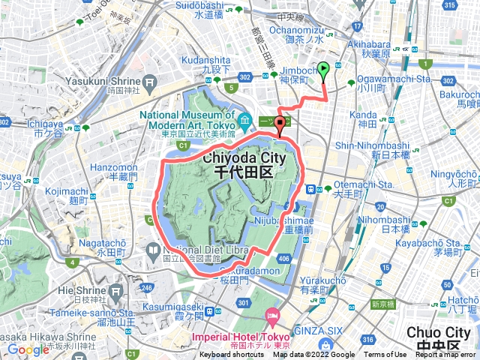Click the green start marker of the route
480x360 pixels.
(323, 71)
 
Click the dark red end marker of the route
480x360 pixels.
(280, 124)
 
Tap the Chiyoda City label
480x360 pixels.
(241, 160)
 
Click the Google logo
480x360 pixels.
(28, 349)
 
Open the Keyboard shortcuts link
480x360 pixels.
(232, 355)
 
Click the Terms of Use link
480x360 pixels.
(385, 355)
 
